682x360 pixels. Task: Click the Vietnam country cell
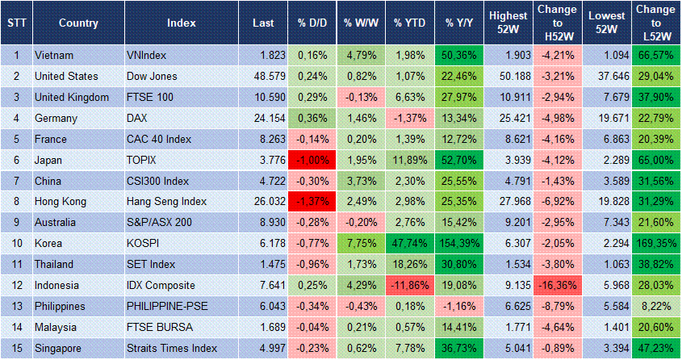[55, 55]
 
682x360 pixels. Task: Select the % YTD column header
[410, 23]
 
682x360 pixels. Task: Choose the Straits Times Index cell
[172, 347]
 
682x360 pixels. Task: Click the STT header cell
[15, 23]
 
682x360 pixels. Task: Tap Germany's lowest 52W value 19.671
[607, 118]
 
